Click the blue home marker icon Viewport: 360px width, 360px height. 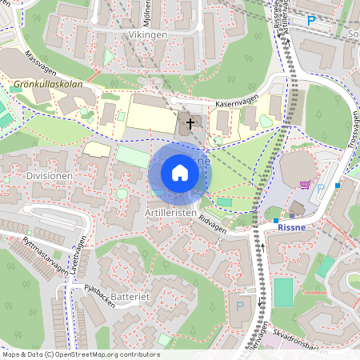point(180,172)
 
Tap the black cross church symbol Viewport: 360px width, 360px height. point(190,124)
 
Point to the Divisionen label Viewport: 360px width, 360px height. point(50,175)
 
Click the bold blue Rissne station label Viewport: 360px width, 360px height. point(292,226)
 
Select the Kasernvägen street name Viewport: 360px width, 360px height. point(237,104)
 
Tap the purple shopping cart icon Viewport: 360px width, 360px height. point(305,184)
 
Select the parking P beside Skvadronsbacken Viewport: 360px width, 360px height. point(238,306)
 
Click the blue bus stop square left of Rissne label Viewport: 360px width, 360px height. point(276,221)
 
